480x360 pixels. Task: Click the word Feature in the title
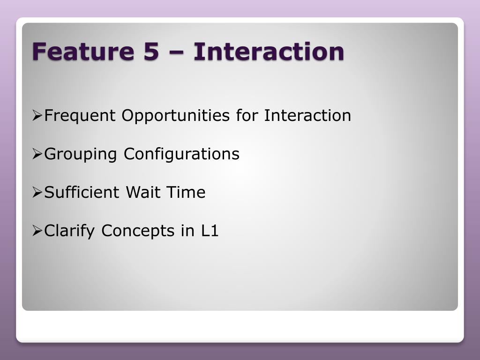click(83, 51)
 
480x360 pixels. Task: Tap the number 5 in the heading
click(151, 51)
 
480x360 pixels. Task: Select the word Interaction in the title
click(269, 51)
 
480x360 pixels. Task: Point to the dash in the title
click(176, 52)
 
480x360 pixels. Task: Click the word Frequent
click(80, 116)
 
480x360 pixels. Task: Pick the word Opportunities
click(176, 116)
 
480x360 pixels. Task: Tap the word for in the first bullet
click(247, 115)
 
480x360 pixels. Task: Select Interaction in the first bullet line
click(307, 115)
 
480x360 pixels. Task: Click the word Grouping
click(81, 154)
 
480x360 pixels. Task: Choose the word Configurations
click(181, 154)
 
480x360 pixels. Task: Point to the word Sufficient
click(82, 192)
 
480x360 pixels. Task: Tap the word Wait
click(143, 192)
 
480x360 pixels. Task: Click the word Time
click(186, 192)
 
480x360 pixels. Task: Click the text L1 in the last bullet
click(210, 231)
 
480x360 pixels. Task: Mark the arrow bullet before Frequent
click(37, 116)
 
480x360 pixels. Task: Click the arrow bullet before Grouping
click(37, 154)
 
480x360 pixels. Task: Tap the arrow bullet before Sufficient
click(37, 193)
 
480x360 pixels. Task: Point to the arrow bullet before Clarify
click(37, 231)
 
